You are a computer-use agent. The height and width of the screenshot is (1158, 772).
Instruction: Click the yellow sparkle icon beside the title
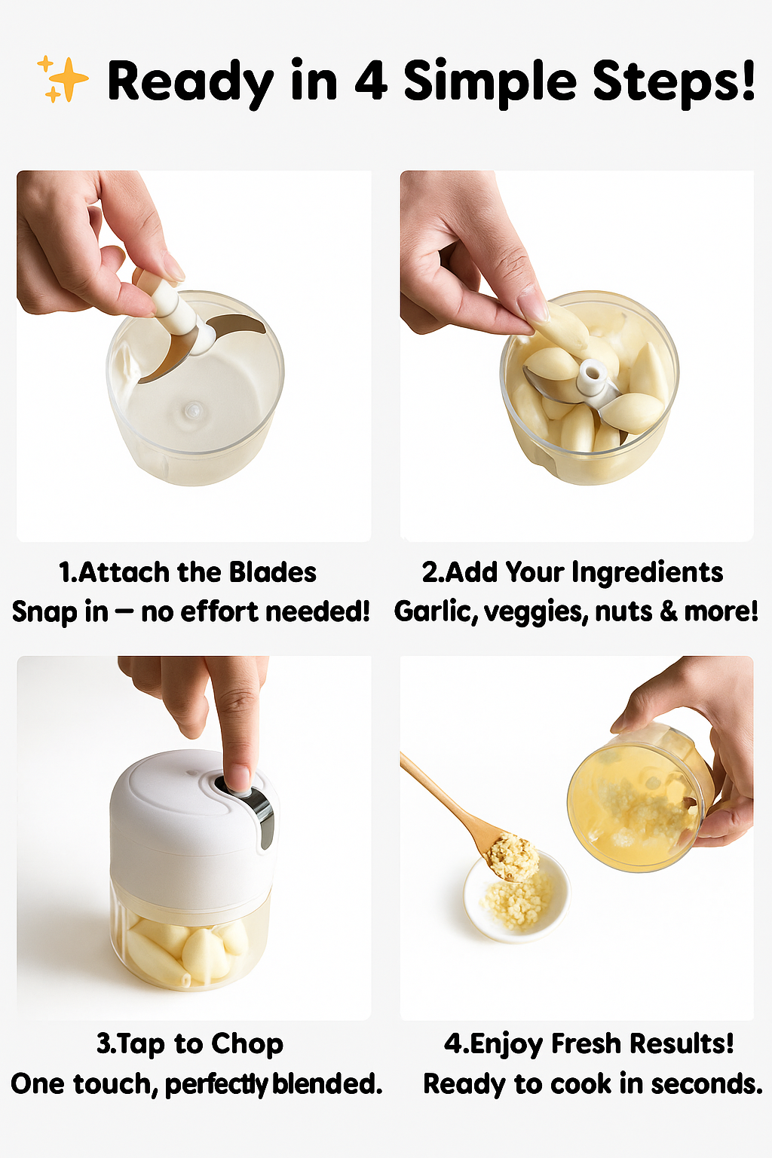pos(63,79)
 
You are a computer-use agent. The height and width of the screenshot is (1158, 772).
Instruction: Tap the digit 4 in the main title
pos(371,81)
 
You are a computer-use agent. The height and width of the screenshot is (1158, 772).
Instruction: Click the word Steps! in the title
pos(673,81)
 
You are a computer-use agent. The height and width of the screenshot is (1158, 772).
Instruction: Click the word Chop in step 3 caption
pos(247,1044)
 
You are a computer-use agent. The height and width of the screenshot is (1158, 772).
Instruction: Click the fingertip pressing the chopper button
pos(240,777)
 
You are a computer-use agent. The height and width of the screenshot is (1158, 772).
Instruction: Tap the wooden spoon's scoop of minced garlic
pos(513,856)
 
